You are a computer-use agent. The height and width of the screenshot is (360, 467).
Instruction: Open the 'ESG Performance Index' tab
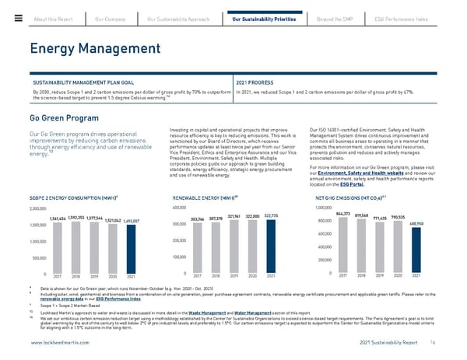point(425,18)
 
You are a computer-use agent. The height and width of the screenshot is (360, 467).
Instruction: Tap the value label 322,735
point(272,215)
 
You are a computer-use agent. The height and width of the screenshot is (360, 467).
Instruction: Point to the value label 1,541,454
point(39,218)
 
